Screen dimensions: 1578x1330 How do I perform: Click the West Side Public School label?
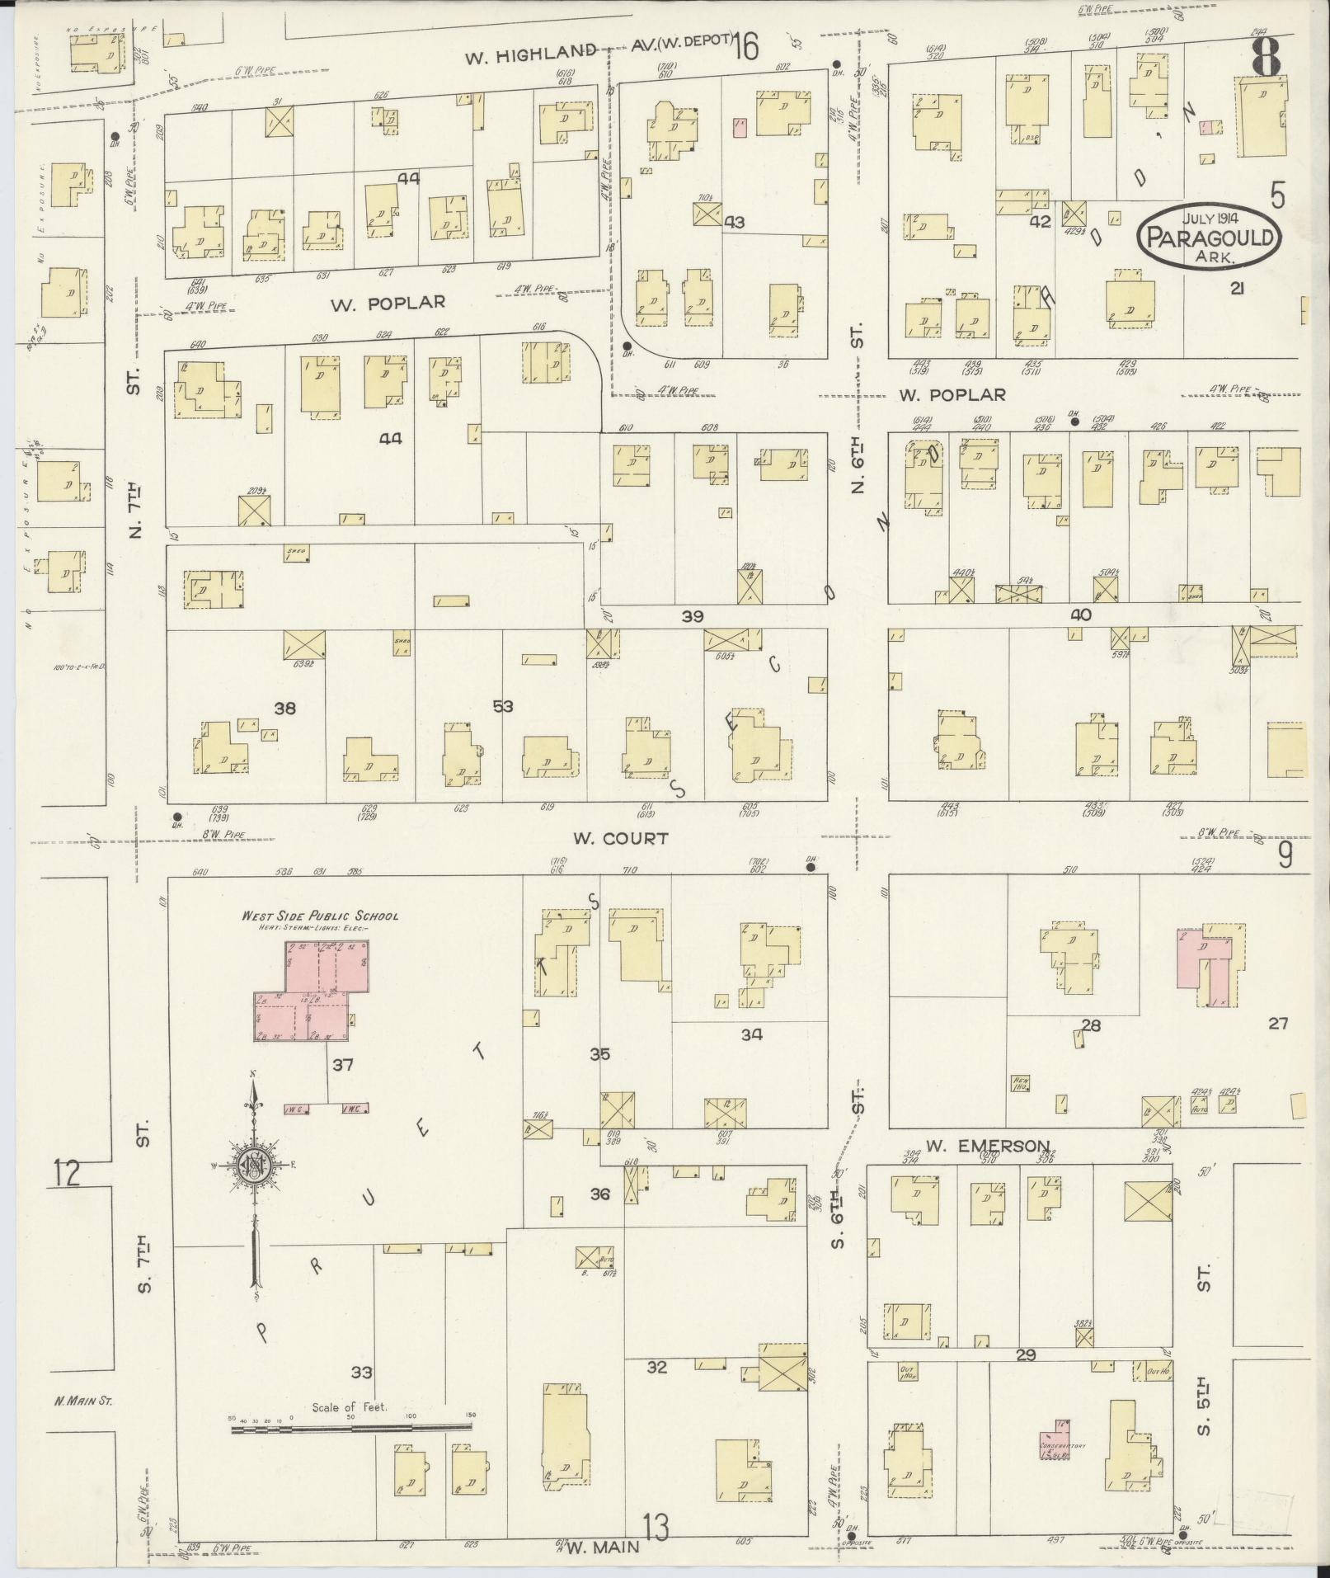(x=320, y=916)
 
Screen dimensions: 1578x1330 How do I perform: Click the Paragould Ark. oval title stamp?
(x=1210, y=238)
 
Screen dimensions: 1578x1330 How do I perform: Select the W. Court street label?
(x=609, y=839)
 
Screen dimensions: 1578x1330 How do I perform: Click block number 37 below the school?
(x=342, y=1065)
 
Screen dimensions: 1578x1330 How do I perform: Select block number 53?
(x=502, y=706)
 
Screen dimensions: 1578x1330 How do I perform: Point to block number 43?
(x=734, y=223)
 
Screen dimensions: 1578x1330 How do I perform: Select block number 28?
(x=1091, y=1025)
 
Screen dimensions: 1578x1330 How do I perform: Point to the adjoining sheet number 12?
(x=67, y=1172)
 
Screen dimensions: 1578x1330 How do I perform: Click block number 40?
(x=1080, y=615)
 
